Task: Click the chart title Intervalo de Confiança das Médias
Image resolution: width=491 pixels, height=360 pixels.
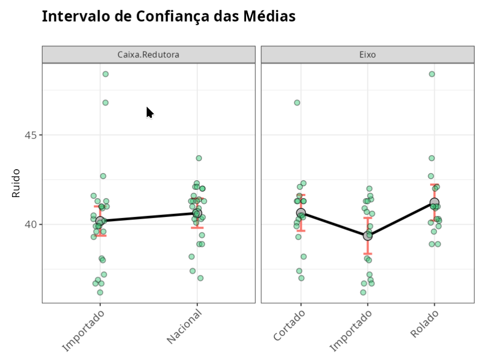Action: coord(168,16)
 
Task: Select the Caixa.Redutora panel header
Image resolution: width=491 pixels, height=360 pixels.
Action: coord(148,54)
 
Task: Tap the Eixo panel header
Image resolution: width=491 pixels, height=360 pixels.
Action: coord(367,54)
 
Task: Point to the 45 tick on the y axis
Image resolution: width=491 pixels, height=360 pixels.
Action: coord(32,135)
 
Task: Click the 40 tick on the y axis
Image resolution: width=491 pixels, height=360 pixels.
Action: coord(32,224)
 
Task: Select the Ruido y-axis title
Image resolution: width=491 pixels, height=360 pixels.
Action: coord(16,183)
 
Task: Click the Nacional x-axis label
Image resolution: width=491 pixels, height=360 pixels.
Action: coord(185,327)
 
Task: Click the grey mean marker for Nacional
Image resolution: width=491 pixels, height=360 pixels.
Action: coord(197,213)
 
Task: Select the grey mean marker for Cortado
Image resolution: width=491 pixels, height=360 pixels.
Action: coord(301,213)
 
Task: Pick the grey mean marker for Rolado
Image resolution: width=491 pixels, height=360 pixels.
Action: coord(434,202)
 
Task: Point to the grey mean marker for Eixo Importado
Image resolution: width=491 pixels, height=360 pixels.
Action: coord(367,236)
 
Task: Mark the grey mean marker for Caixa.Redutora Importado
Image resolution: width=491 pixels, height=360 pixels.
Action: coord(100,221)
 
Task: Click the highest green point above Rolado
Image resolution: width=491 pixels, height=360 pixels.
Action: coord(432,74)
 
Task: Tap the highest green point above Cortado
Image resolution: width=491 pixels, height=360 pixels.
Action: coord(297,102)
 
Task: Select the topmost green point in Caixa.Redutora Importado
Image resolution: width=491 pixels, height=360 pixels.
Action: coord(105,74)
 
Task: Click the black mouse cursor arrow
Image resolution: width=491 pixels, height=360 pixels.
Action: coord(150,112)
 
